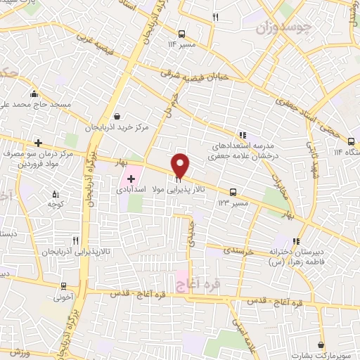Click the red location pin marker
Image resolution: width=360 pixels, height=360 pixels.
pos(180,165)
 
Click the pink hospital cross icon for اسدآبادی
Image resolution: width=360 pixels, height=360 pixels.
pos(131,179)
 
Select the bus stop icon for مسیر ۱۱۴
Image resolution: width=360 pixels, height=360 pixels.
pos(182,33)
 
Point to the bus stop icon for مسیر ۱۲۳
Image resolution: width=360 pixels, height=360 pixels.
pos(233,191)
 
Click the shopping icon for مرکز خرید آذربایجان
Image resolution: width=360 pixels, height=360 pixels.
pos(116,117)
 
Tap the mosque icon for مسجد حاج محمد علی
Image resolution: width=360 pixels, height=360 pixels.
pos(33,94)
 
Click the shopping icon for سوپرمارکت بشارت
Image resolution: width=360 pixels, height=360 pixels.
pos(321,345)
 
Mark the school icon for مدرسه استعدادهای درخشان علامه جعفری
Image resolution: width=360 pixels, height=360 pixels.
pos(242,135)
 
